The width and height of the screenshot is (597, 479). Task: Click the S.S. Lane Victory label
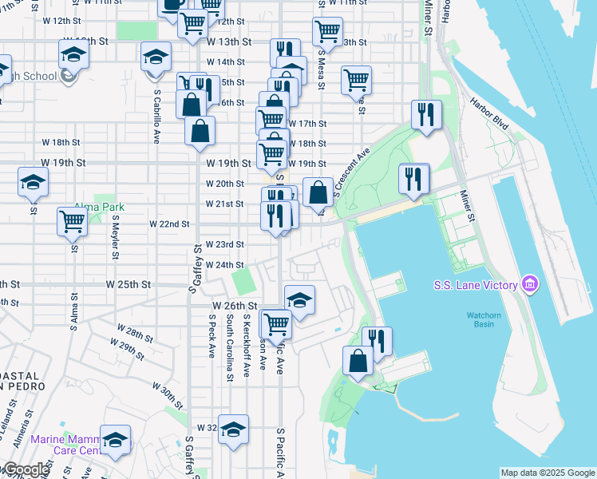pyautogui.click(x=476, y=285)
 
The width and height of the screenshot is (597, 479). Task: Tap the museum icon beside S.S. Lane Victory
pyautogui.click(x=528, y=283)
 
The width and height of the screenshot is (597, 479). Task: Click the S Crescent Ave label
pyautogui.click(x=350, y=170)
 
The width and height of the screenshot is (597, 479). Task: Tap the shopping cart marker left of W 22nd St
pyautogui.click(x=73, y=221)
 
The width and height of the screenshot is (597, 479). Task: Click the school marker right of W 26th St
pyautogui.click(x=299, y=300)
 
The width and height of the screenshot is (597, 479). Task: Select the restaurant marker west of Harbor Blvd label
pyautogui.click(x=426, y=114)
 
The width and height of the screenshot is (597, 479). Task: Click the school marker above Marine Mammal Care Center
pyautogui.click(x=117, y=440)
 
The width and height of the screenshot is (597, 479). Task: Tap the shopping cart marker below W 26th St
pyautogui.click(x=276, y=324)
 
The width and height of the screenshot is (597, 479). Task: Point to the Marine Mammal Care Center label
pyautogui.click(x=68, y=445)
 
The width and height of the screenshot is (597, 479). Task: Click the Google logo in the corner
pyautogui.click(x=26, y=470)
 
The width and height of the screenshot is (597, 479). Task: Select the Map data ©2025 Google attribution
pyautogui.click(x=548, y=473)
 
